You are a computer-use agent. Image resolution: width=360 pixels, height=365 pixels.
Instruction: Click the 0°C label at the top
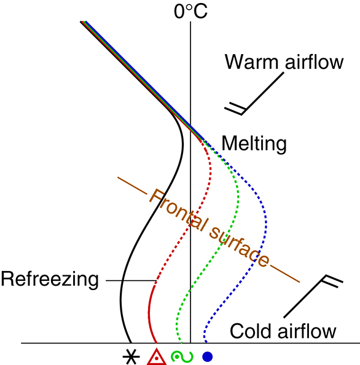[x=190, y=11]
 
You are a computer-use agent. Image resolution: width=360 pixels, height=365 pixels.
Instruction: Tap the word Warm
[x=251, y=62]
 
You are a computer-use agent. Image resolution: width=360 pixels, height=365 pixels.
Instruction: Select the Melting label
[x=254, y=144]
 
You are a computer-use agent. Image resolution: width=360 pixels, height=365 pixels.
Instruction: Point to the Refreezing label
[x=50, y=280]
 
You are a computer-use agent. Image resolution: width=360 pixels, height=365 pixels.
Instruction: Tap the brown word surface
[x=239, y=247]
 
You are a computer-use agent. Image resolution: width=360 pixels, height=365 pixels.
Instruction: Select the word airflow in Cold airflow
[x=307, y=331]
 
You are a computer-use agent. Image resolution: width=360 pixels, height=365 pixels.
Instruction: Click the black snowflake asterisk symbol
[x=131, y=356]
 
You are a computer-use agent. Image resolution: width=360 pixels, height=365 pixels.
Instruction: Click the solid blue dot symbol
[x=208, y=356]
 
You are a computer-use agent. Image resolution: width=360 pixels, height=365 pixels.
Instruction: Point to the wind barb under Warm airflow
[x=263, y=93]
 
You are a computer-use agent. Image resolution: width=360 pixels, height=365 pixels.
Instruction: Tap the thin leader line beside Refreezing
[x=131, y=280]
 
